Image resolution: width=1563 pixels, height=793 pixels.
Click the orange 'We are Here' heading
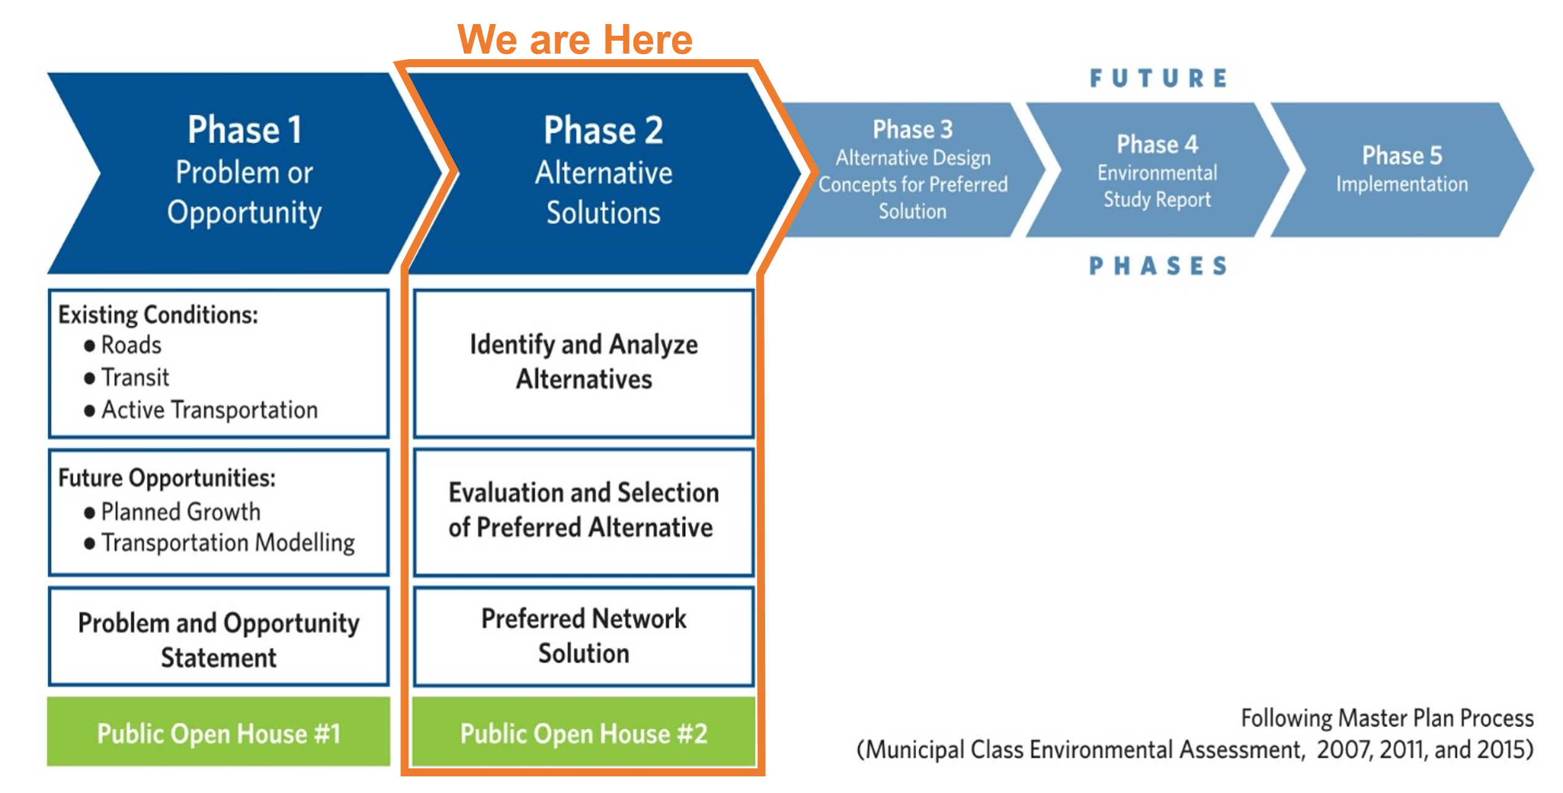tap(575, 40)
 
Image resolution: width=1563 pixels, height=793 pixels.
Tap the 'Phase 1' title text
tap(245, 130)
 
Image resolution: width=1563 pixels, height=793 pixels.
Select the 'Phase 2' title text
tap(603, 130)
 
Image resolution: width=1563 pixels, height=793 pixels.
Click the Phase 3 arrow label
tap(912, 129)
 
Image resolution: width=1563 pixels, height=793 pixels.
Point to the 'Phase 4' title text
tap(1157, 144)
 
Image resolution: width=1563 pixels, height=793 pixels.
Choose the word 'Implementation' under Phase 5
tap(1402, 184)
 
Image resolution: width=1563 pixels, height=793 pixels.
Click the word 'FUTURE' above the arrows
tap(1158, 79)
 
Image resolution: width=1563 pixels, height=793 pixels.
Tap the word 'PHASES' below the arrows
tap(1158, 266)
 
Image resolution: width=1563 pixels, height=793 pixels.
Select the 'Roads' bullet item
tap(131, 345)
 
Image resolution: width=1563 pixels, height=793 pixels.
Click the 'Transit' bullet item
tap(135, 378)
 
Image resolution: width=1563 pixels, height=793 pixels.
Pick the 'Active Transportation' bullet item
tap(209, 410)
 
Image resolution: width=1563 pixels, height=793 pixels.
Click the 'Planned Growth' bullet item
tap(181, 512)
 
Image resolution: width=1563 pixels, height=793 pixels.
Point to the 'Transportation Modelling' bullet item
tap(228, 543)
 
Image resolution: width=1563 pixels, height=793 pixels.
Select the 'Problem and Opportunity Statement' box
tap(219, 639)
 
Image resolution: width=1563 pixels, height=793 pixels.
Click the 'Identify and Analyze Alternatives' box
tap(583, 362)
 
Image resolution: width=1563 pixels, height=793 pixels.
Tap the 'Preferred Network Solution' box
tap(583, 636)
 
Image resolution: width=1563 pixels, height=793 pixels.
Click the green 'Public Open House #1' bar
tap(219, 733)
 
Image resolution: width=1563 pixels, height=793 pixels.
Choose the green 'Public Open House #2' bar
tap(583, 733)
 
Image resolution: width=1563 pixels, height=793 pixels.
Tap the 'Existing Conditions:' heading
tap(158, 315)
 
